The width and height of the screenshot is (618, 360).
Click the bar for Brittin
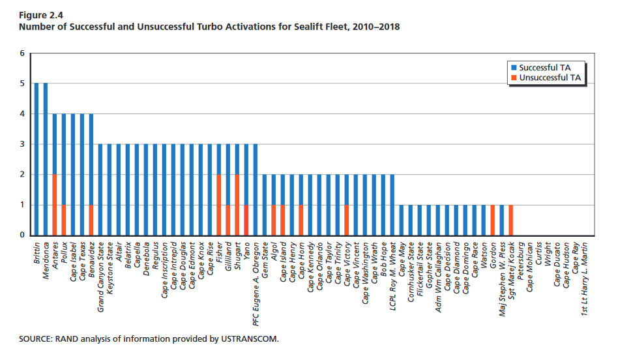click(37, 159)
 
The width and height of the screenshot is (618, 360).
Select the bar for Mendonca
click(46, 159)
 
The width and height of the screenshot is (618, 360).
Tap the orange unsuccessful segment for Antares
click(55, 205)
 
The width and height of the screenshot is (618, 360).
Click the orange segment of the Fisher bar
click(219, 205)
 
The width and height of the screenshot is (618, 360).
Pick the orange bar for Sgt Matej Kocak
click(510, 220)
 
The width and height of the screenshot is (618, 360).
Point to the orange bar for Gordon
click(492, 220)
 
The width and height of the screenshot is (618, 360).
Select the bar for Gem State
click(265, 205)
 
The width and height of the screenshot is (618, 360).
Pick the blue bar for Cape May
click(402, 220)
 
